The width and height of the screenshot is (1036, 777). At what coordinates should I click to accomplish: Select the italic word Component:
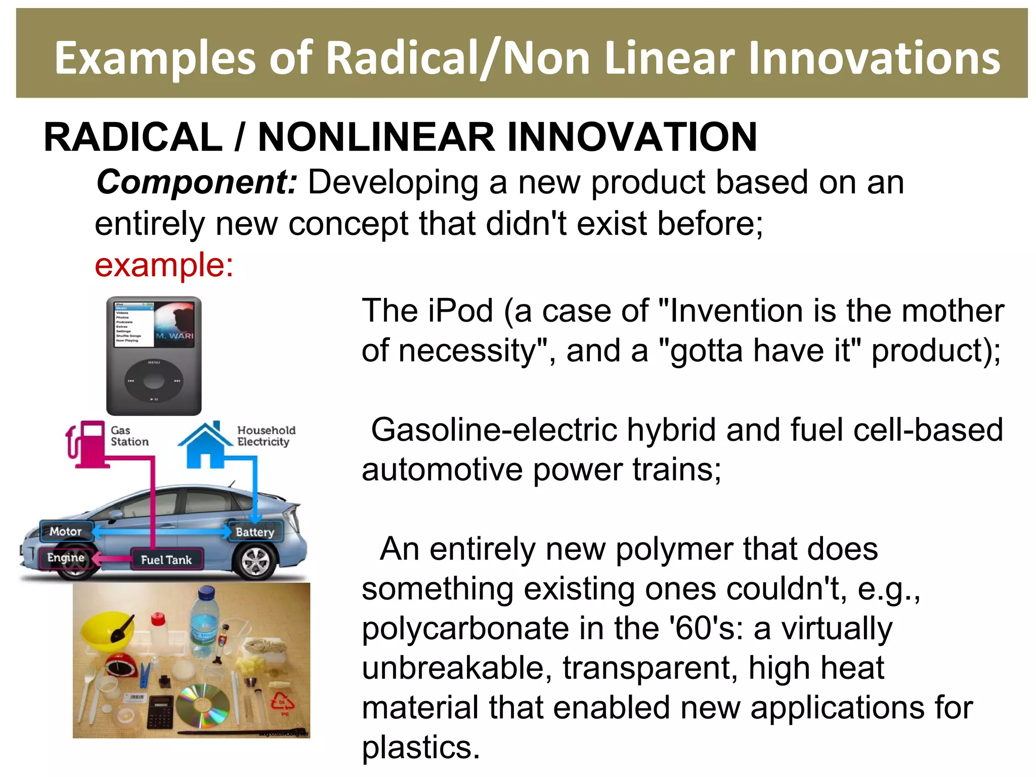point(197,182)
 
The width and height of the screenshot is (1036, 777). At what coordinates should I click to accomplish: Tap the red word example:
point(164,265)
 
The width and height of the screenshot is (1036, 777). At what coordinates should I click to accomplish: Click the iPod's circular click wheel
point(154,381)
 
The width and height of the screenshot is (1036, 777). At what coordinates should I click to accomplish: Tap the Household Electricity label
point(266,436)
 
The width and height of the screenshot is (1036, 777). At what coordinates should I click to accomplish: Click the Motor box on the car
point(66,531)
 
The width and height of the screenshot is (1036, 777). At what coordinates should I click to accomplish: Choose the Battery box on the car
point(254,532)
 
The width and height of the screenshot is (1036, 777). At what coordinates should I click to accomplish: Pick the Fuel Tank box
point(166,559)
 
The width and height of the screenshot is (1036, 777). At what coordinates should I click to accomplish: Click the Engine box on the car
point(66,557)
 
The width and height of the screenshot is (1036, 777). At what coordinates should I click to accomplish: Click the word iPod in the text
point(460,311)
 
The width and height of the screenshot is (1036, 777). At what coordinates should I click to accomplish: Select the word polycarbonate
point(465,629)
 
